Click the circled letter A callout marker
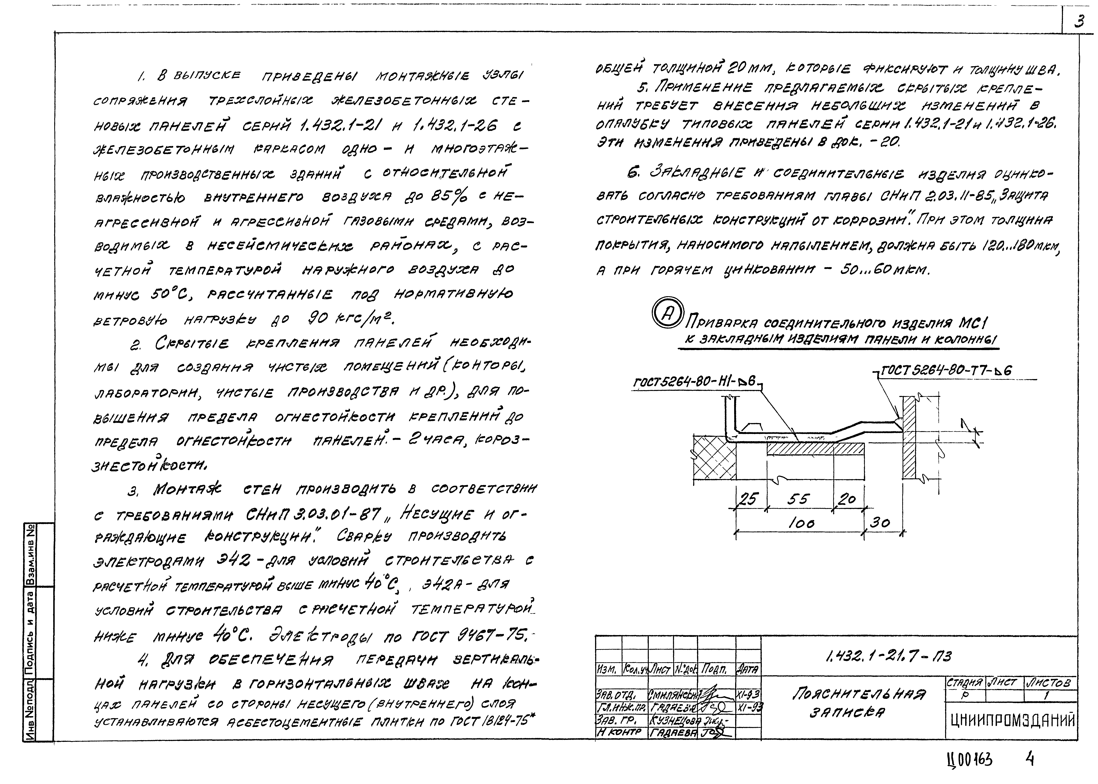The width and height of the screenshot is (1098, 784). [668, 313]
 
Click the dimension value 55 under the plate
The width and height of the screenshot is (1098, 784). [797, 499]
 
